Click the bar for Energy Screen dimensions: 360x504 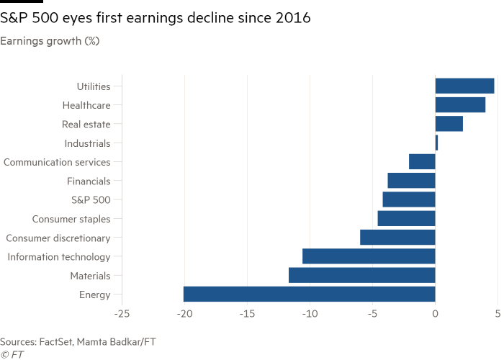click(x=309, y=294)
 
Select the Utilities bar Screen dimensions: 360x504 click(x=464, y=86)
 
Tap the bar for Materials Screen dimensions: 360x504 click(x=361, y=275)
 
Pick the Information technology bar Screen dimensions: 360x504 click(x=369, y=256)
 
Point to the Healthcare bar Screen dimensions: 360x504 click(x=460, y=105)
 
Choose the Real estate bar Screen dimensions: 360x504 click(x=449, y=125)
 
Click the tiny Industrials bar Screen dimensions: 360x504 click(x=436, y=143)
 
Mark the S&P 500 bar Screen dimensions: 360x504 click(x=408, y=199)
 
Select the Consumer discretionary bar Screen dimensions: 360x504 click(x=397, y=238)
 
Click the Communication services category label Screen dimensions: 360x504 click(x=57, y=163)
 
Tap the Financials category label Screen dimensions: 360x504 click(x=89, y=181)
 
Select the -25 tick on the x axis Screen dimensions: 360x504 click(x=122, y=314)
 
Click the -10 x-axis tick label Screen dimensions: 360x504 click(x=310, y=314)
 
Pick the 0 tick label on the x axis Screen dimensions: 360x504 click(x=435, y=314)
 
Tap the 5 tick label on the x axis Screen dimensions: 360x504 click(x=498, y=314)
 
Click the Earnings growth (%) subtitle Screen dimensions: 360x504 click(x=50, y=41)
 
